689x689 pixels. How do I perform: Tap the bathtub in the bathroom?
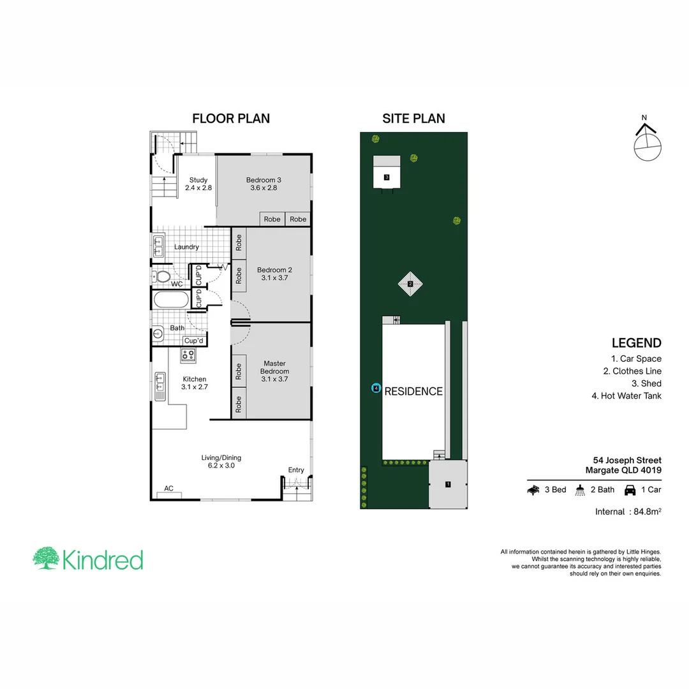[170, 300]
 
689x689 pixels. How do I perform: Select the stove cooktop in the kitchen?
[189, 355]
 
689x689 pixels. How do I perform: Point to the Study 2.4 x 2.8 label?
[198, 184]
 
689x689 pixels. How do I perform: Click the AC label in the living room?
[169, 489]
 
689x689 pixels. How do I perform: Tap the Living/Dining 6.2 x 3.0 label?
[221, 461]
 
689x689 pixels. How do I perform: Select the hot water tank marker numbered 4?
[376, 388]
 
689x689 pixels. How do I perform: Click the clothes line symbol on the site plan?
[411, 284]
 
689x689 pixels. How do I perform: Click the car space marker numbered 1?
[448, 484]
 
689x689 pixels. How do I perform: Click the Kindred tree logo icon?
[46, 558]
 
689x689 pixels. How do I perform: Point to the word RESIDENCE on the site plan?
[413, 392]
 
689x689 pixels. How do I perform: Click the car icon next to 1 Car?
[630, 490]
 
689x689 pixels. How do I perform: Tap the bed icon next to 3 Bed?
[533, 490]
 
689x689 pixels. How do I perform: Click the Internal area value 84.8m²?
[646, 511]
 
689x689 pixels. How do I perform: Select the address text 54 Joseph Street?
[626, 460]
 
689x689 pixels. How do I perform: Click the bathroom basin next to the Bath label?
[158, 333]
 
